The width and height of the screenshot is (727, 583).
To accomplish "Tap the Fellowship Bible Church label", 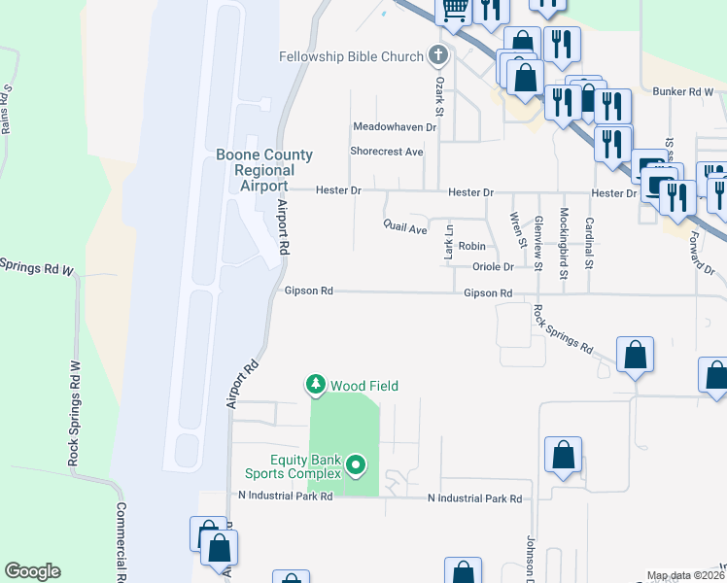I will pyautogui.click(x=352, y=56).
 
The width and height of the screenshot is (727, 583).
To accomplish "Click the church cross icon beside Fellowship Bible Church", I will pyautogui.click(x=438, y=55).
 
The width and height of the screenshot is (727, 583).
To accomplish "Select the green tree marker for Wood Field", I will pyautogui.click(x=315, y=386).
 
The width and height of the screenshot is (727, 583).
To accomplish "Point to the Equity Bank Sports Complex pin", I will pyautogui.click(x=356, y=466).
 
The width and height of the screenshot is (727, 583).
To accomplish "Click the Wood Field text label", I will pyautogui.click(x=364, y=386).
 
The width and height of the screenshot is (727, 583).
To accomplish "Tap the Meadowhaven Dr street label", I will pyautogui.click(x=395, y=127).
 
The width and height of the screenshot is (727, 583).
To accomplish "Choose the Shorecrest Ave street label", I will pyautogui.click(x=387, y=152).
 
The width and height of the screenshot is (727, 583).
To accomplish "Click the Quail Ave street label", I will pyautogui.click(x=405, y=229).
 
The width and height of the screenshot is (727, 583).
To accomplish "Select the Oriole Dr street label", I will pyautogui.click(x=492, y=267).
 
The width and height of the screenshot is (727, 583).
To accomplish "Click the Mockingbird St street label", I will pyautogui.click(x=563, y=243).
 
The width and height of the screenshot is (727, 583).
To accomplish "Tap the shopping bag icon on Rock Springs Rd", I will pyautogui.click(x=635, y=356).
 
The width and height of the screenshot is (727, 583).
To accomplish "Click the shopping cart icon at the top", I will pyautogui.click(x=454, y=9).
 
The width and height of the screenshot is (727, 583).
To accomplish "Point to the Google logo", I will pyautogui.click(x=32, y=571).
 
